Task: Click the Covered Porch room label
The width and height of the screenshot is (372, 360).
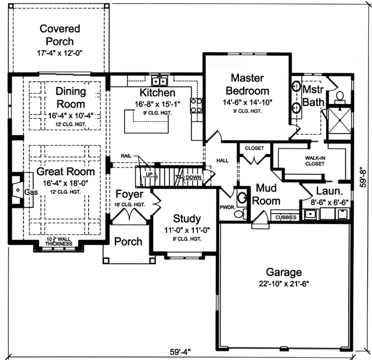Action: tap(60, 35)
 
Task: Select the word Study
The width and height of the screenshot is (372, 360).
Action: tap(187, 218)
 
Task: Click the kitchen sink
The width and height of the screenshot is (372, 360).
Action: tap(160, 81)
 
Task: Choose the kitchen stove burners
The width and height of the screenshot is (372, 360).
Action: tap(196, 105)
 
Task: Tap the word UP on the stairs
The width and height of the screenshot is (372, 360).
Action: tap(149, 174)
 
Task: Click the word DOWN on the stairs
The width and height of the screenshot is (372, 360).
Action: tap(193, 177)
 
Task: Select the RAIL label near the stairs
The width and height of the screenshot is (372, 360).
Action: tap(127, 155)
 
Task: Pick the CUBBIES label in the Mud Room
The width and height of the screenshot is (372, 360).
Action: tap(286, 217)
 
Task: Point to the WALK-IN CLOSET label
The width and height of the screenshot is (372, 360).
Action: tap(316, 161)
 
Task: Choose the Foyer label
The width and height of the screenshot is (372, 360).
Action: tap(129, 194)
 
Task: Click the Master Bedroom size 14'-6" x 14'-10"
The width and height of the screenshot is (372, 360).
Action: tap(247, 102)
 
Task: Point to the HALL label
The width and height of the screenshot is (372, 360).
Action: tap(222, 160)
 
